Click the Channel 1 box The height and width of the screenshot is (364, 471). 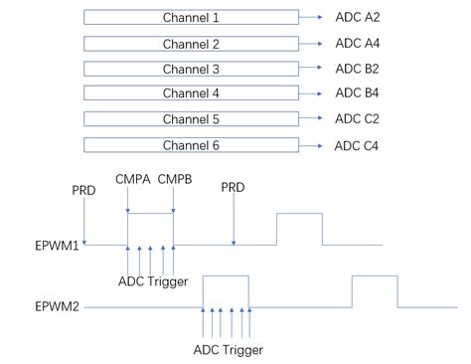190,18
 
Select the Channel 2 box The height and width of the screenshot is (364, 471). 190,44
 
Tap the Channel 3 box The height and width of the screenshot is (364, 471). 190,70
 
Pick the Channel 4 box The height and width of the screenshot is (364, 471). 190,93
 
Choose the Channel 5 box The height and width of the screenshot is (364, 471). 190,119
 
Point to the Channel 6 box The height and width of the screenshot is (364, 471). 190,145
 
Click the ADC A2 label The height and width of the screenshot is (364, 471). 357,18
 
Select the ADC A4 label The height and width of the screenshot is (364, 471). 357,44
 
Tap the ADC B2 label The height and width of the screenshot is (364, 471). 357,69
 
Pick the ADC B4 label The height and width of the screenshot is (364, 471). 357,93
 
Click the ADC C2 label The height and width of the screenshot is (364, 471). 357,119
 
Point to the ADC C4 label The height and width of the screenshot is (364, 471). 357,145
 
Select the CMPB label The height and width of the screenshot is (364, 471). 175,180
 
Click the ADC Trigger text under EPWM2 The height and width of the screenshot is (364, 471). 229,349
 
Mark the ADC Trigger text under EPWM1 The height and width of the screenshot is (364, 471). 153,281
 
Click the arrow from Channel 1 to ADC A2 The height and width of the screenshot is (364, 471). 312,18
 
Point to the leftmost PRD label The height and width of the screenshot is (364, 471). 84,188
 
